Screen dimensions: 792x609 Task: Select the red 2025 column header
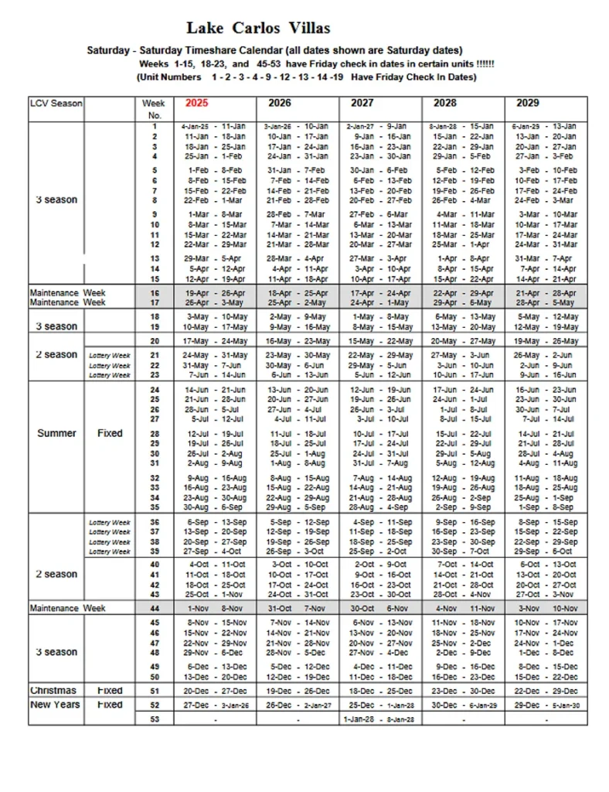(x=196, y=103)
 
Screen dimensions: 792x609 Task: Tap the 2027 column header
(x=362, y=103)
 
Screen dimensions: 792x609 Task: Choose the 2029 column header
(x=527, y=103)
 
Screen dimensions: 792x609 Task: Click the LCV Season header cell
(x=56, y=103)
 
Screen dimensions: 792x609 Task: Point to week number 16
(x=155, y=293)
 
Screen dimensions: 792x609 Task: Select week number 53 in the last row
(x=155, y=719)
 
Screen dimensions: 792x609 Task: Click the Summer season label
(x=56, y=433)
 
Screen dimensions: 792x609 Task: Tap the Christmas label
(x=53, y=690)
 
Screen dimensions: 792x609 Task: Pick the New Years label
(x=54, y=705)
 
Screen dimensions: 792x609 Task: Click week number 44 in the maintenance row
(x=155, y=609)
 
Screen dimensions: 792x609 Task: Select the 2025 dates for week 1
(x=213, y=125)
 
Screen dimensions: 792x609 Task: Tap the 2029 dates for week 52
(x=547, y=705)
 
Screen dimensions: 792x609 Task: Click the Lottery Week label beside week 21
(x=110, y=355)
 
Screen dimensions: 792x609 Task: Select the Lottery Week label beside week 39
(x=110, y=551)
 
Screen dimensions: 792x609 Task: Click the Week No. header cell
(x=154, y=108)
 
